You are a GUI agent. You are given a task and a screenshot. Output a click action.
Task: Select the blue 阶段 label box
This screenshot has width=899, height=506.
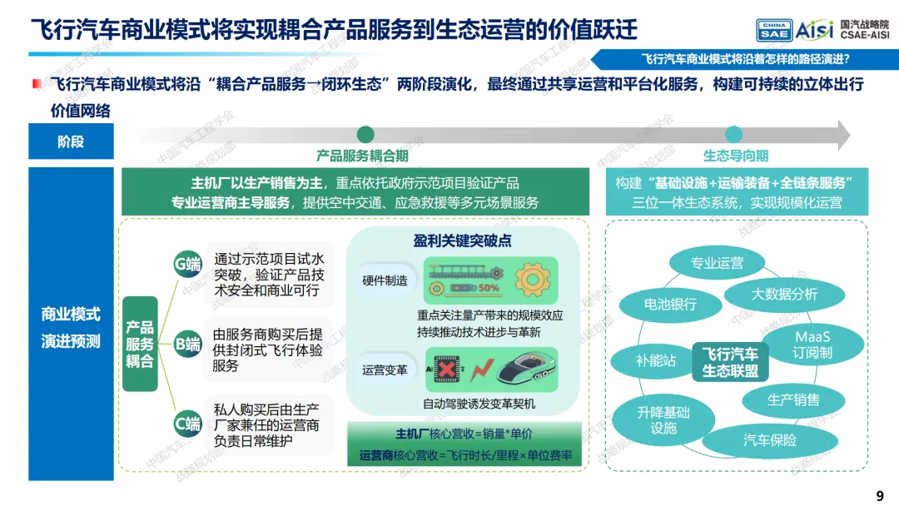(x=71, y=141)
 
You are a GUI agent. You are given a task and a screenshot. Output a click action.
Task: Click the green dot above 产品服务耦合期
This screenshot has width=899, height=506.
(x=365, y=135)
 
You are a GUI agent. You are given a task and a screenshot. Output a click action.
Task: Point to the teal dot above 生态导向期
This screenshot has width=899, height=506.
(x=733, y=135)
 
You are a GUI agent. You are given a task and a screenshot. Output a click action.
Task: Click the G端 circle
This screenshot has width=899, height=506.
(x=187, y=265)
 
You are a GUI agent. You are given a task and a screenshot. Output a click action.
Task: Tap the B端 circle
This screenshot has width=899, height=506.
(x=187, y=343)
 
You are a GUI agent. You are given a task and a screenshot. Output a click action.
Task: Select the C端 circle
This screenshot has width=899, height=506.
(x=187, y=424)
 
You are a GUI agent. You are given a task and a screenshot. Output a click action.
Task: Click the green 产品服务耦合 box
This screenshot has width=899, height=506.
(x=140, y=344)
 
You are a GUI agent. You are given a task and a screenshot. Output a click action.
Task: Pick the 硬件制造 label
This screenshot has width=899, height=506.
(x=385, y=280)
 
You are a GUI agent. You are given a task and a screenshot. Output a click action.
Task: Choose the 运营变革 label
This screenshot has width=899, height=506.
(x=385, y=370)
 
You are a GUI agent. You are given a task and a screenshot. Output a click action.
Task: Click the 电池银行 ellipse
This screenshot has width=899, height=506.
(x=670, y=305)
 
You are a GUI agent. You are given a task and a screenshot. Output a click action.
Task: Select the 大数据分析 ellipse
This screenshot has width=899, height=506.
(x=784, y=294)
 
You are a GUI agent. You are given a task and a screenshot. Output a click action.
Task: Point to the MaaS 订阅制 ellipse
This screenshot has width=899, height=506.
(x=813, y=345)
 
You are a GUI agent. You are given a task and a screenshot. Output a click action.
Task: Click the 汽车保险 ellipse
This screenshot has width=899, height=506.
(x=770, y=440)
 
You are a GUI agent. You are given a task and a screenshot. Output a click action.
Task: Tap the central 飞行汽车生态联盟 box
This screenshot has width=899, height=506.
(x=730, y=362)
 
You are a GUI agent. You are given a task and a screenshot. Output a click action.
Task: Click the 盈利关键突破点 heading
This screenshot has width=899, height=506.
(x=462, y=241)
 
